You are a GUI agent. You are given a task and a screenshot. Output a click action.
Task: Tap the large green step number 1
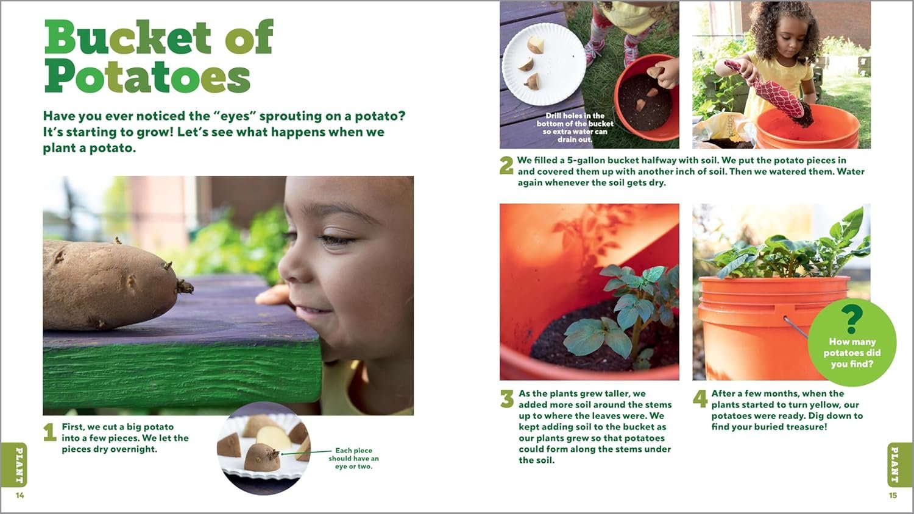pyautogui.click(x=50, y=432)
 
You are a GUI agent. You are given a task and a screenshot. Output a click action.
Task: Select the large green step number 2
pyautogui.click(x=507, y=166)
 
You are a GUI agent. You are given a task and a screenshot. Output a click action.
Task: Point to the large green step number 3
pyautogui.click(x=507, y=398)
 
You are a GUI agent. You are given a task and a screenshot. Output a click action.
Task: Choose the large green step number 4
pyautogui.click(x=700, y=398)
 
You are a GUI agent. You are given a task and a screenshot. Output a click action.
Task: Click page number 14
pyautogui.click(x=20, y=495)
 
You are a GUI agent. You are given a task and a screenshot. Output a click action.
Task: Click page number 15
pyautogui.click(x=893, y=495)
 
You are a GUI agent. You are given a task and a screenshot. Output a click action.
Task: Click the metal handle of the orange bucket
pyautogui.click(x=795, y=326)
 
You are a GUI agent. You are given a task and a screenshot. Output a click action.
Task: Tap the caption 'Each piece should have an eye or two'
pyautogui.click(x=354, y=458)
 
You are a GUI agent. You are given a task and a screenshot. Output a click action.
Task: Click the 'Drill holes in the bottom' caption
pyautogui.click(x=575, y=127)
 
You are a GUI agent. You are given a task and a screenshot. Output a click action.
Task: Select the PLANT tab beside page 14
pyautogui.click(x=15, y=465)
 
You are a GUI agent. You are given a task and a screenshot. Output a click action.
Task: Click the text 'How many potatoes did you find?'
pyautogui.click(x=852, y=353)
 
